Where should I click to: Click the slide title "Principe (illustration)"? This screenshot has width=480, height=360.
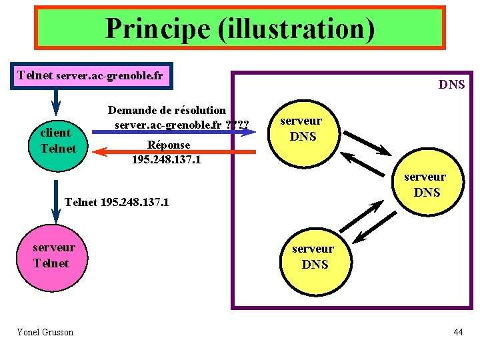tap(239, 28)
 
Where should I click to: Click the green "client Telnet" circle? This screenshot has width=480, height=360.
tap(57, 141)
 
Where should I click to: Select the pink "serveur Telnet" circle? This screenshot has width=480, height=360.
tap(54, 256)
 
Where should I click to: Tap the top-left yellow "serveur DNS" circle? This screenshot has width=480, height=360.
tap(301, 129)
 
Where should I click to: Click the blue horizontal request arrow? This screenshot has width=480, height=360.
tap(173, 132)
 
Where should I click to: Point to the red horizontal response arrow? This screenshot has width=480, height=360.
tap(173, 152)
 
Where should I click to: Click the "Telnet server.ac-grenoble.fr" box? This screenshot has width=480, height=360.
tap(91, 76)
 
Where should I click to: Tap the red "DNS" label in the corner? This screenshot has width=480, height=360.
tap(451, 85)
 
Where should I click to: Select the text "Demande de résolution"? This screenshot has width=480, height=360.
tap(167, 110)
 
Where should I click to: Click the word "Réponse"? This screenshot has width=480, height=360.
tap(169, 145)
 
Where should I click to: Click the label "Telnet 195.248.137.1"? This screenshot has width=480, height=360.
tap(117, 201)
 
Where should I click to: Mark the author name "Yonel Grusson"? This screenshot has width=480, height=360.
tap(45, 332)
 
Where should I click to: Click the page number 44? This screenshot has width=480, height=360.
tap(457, 332)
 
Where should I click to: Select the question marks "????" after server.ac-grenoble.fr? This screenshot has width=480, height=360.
tap(237, 125)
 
